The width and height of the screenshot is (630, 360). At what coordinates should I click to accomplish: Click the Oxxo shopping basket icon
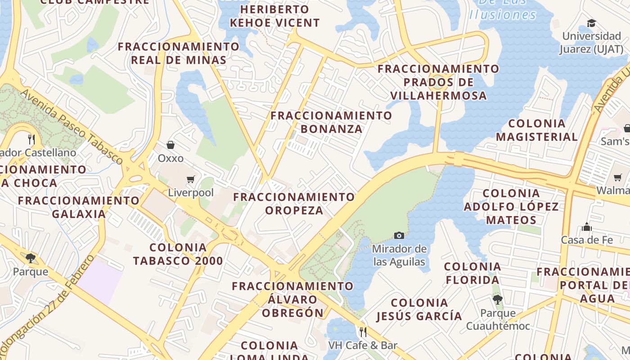click(x=171, y=145)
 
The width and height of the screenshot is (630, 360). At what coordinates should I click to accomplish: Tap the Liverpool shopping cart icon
click(x=191, y=180)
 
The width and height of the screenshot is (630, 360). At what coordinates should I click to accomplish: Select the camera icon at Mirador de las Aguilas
click(x=399, y=235)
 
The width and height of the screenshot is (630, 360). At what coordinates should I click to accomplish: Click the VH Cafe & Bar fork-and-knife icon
click(x=363, y=332)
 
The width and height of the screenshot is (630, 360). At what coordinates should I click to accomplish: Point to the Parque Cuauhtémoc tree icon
click(x=497, y=299)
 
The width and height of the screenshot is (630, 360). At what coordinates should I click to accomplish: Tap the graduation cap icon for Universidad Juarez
click(x=591, y=23)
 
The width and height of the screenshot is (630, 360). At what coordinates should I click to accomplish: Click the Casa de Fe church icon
click(x=586, y=227)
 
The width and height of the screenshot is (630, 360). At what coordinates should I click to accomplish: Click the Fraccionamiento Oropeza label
click(x=294, y=203)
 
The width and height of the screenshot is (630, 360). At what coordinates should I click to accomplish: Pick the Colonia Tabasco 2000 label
click(x=178, y=254)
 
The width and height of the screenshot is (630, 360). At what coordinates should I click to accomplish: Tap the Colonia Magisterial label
click(x=537, y=130)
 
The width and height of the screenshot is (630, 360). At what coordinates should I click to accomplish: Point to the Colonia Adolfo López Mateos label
click(x=511, y=207)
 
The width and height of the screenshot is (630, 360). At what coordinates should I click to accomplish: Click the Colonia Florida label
click(x=472, y=273)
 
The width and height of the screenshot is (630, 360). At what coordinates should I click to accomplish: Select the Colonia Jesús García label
click(x=419, y=309)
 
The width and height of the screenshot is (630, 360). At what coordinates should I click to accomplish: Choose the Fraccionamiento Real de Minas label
click(x=179, y=53)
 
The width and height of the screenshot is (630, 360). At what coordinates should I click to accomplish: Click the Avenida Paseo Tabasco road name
click(x=72, y=127)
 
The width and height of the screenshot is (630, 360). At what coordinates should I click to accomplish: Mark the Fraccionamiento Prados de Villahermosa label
click(x=439, y=82)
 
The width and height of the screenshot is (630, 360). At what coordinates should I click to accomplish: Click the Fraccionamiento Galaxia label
click(x=79, y=207)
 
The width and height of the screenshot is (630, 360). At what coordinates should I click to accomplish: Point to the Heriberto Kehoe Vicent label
click(x=274, y=16)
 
